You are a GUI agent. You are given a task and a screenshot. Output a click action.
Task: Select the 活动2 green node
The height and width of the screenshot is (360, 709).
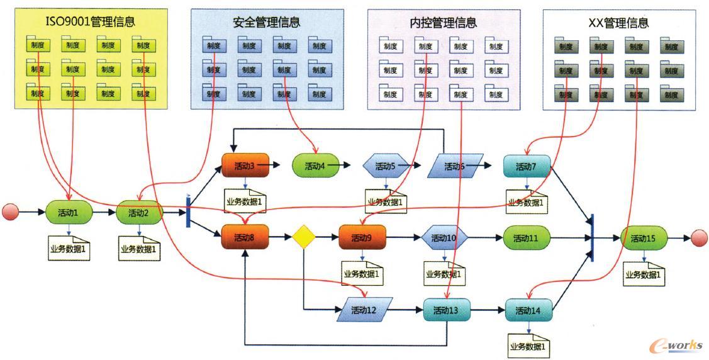pyautogui.click(x=140, y=213)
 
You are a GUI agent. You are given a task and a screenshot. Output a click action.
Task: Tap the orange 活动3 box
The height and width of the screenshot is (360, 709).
pyautogui.click(x=245, y=166)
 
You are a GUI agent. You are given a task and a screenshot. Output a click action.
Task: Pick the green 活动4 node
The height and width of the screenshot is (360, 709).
pyautogui.click(x=315, y=166)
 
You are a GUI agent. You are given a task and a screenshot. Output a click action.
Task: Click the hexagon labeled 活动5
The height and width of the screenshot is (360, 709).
pyautogui.click(x=386, y=166)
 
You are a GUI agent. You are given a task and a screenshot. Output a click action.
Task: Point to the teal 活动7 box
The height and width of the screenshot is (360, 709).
pyautogui.click(x=527, y=166)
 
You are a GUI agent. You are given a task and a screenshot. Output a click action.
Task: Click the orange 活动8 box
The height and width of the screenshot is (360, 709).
pyautogui.click(x=245, y=238)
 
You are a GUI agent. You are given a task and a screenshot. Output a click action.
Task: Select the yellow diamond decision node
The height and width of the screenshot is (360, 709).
pyautogui.click(x=303, y=238)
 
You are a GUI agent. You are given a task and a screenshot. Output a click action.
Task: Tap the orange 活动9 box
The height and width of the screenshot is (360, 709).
pyautogui.click(x=362, y=238)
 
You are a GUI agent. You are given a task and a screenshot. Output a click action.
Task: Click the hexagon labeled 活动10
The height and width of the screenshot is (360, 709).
pyautogui.click(x=445, y=238)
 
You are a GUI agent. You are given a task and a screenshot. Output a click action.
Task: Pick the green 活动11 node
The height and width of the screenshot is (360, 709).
pyautogui.click(x=527, y=238)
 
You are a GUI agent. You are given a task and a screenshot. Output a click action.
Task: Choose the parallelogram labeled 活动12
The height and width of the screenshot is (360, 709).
pyautogui.click(x=364, y=310)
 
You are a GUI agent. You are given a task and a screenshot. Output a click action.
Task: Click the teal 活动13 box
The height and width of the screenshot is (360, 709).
pyautogui.click(x=445, y=310)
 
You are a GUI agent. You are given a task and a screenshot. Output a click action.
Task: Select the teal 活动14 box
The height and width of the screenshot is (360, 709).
pyautogui.click(x=528, y=310)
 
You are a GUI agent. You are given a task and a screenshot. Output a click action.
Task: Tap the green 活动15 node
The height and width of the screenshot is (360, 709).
pyautogui.click(x=644, y=238)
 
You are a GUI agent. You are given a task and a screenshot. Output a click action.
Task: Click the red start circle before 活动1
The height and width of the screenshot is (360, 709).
pyautogui.click(x=10, y=213)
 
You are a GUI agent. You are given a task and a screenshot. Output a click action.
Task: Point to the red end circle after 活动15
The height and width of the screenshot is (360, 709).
pyautogui.click(x=698, y=238)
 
